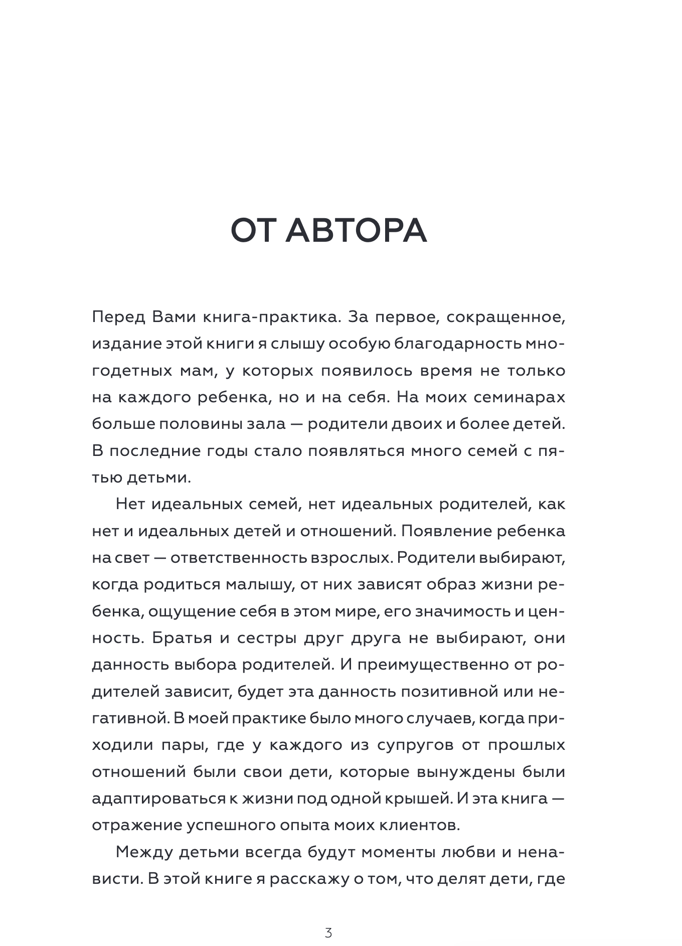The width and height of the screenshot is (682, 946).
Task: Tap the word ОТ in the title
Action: click(252, 232)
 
